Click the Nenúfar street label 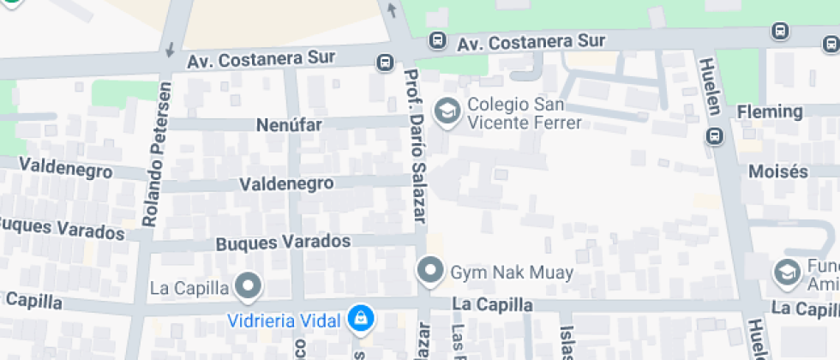289,125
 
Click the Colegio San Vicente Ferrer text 525,115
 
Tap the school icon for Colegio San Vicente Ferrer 446,111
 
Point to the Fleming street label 770,111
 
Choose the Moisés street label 778,171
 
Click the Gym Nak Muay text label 512,273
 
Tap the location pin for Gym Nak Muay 429,272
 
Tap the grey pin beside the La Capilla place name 249,286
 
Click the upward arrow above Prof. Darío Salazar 392,10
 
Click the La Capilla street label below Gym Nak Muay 492,305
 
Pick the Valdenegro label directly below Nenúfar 285,184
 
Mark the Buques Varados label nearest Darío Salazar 283,242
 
